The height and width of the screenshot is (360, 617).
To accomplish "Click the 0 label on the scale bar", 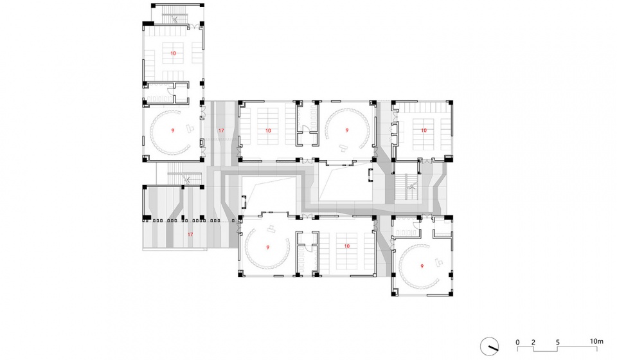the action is point(517,342).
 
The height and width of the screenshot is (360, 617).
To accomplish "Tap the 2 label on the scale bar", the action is point(533,342).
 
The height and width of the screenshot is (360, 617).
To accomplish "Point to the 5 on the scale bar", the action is point(558,342).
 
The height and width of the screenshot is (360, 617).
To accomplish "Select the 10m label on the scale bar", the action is point(596,341).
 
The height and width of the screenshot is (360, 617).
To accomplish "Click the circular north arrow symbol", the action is point(490,346).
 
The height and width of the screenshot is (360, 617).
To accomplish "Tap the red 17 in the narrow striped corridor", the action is point(221,130).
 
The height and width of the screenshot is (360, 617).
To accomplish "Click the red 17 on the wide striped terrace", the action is point(190,235).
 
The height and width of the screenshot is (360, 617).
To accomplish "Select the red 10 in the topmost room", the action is point(173,53).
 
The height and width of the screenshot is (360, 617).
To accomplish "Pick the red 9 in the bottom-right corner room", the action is point(422,266).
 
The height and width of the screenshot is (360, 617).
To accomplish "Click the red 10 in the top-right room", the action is point(424,130).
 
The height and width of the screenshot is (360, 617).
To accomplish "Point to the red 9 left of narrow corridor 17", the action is point(173,130).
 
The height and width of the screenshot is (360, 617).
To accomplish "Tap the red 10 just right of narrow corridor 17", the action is point(268,130).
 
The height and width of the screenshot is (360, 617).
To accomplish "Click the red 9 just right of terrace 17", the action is point(267,248).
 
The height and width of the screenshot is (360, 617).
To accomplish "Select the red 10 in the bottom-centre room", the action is point(346,246).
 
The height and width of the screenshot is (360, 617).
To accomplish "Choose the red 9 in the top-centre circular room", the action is point(346,130).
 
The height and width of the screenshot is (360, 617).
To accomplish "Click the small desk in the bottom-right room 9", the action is point(439,262).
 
